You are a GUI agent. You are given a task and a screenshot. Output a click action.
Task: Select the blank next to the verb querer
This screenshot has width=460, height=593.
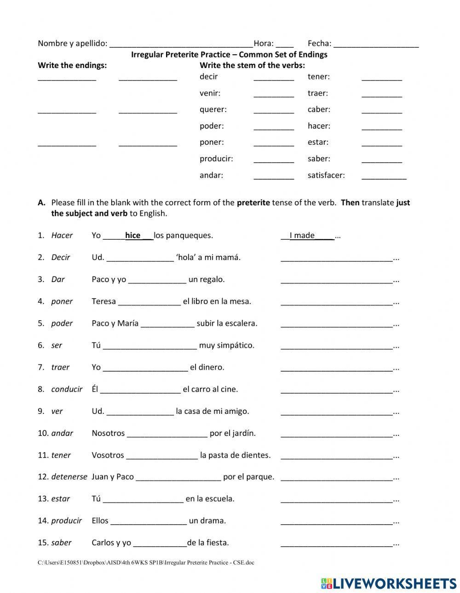[273, 110]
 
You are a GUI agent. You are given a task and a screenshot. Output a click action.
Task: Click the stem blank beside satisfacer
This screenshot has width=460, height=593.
[384, 176]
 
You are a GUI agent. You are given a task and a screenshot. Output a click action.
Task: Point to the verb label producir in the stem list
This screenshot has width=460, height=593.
[216, 159]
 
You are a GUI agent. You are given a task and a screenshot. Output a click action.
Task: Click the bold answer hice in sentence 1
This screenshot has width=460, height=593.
[133, 236]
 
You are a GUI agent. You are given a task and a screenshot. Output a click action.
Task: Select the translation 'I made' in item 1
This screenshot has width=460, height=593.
[302, 236]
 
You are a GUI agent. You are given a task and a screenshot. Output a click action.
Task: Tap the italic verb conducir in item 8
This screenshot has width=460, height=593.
[67, 390]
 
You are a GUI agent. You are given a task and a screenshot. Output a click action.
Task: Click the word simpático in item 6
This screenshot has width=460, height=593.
[236, 345]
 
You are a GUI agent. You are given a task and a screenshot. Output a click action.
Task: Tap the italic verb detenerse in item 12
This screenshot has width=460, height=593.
[69, 477]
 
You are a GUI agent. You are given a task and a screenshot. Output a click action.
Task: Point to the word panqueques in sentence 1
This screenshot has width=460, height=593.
[190, 236]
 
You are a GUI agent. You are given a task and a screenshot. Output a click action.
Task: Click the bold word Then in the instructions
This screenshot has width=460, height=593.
[350, 203]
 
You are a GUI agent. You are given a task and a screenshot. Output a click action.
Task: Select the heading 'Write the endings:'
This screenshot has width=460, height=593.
[72, 65]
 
